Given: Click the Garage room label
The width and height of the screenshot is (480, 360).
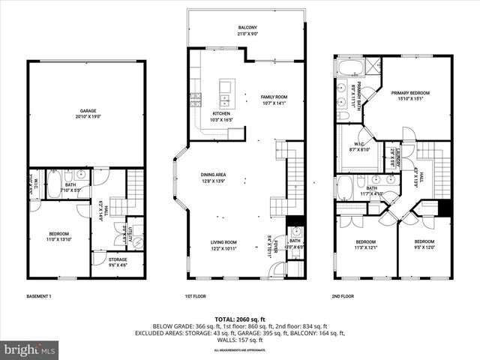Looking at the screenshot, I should (85, 114).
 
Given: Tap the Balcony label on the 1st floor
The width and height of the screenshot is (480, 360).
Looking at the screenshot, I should (247, 31).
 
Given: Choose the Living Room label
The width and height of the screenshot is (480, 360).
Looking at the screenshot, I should (223, 244).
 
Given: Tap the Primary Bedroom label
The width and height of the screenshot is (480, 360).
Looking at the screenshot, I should (409, 94).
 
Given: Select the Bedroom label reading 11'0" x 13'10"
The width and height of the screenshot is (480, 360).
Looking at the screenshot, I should (58, 236).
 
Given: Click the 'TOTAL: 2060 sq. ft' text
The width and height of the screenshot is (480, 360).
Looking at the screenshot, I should (239, 319).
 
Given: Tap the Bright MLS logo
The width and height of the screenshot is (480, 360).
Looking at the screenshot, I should (30, 349).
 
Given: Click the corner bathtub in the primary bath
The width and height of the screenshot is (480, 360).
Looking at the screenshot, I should (349, 67).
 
